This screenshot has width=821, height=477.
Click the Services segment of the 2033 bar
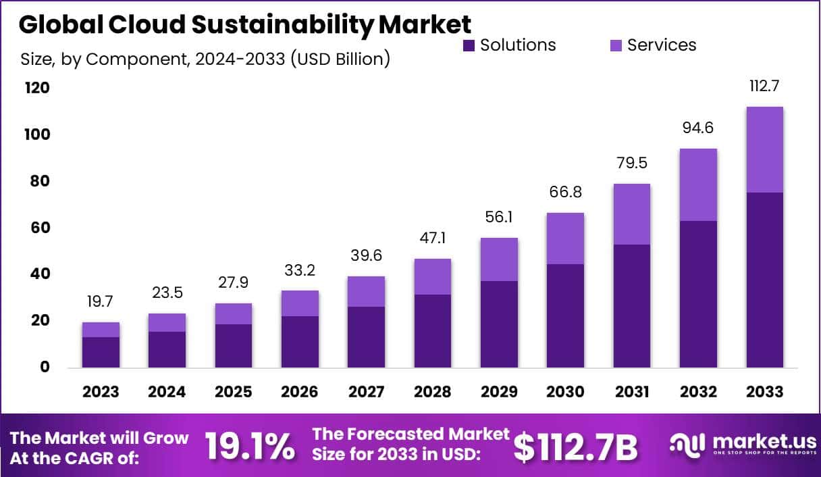pos(764,149)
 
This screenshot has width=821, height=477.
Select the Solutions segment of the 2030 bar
pos(565,316)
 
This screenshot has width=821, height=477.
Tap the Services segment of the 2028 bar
pos(432,276)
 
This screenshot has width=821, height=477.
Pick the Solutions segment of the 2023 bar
pos(101,352)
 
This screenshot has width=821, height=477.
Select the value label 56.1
pos(499,218)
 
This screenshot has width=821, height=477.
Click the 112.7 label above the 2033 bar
pos(764,86)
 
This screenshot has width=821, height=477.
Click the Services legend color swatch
pos(616,45)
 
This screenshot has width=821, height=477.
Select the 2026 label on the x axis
pos(300,392)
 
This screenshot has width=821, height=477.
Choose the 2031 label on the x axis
pos(631,392)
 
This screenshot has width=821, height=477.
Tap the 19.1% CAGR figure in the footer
pos(249,447)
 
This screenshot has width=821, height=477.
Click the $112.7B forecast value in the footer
pos(575,447)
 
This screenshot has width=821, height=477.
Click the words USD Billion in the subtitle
pos(340,59)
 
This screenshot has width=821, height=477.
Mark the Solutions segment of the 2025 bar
pos(234,346)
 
